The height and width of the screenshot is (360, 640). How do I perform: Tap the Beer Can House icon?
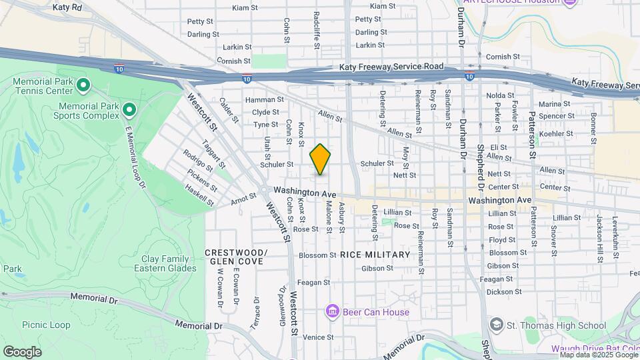332,311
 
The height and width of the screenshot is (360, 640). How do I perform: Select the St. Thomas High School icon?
496,325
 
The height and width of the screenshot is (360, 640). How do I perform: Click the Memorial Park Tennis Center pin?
83,85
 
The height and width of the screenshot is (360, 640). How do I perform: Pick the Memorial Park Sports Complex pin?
130,110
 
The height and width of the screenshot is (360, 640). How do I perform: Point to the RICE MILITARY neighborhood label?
375,255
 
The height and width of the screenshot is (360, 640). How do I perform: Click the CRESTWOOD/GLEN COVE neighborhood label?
235,257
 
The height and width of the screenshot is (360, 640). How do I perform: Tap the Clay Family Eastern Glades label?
169,263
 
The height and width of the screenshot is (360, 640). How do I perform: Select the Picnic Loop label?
46,325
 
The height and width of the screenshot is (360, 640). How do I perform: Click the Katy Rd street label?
67,8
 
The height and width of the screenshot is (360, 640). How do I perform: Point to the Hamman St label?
260,100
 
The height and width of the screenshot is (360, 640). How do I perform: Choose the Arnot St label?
243,197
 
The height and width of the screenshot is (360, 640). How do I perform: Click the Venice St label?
318,337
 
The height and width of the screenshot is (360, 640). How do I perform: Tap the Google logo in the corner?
22,351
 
